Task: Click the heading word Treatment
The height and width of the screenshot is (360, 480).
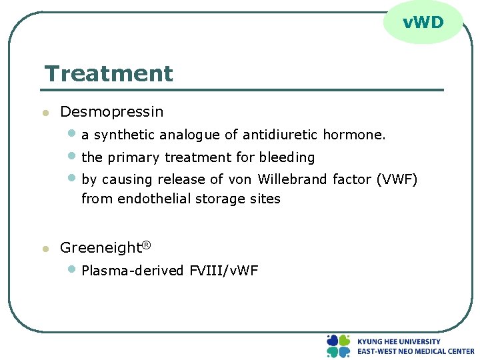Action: [x=109, y=73]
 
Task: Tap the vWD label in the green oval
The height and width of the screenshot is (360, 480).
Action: [x=423, y=23]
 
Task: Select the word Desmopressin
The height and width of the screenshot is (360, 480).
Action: [x=111, y=111]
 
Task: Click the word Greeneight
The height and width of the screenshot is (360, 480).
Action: [x=101, y=248]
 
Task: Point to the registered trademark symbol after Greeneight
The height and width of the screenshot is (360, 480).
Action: [x=147, y=245]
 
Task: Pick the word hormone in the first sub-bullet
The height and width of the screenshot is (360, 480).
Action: [x=353, y=135]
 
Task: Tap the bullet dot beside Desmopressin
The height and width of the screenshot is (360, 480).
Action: [x=45, y=113]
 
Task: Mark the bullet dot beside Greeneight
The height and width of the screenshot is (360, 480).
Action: [x=45, y=249]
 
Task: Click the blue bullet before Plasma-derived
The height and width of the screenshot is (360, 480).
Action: [x=73, y=269]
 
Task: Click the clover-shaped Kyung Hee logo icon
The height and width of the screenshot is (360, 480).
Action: [x=338, y=346]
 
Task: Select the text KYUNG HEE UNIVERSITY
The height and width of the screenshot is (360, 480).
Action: [x=399, y=341]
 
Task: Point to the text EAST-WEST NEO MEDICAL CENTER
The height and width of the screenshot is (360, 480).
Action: [x=415, y=351]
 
